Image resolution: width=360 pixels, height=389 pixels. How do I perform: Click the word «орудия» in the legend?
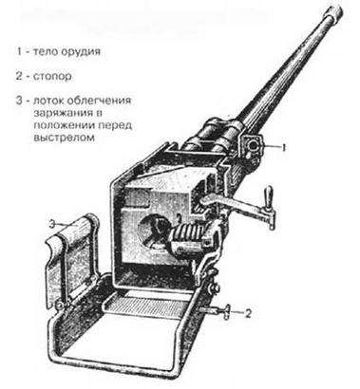[x=81, y=51]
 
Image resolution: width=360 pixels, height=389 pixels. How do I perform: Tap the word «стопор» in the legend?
[x=52, y=77]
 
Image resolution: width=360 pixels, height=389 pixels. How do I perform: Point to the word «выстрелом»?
[x=65, y=138]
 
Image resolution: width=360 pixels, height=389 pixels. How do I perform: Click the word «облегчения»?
[x=99, y=101]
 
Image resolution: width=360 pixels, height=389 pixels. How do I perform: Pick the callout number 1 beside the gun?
[x=284, y=147]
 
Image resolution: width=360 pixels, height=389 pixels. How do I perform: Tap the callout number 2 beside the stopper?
[x=248, y=313]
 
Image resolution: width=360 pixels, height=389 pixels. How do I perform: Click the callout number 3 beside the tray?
[x=52, y=225]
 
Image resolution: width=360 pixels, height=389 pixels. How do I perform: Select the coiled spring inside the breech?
[x=186, y=234]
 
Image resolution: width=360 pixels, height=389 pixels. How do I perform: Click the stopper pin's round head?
[x=226, y=312]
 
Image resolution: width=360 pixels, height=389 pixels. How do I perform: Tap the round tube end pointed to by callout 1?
[x=253, y=145]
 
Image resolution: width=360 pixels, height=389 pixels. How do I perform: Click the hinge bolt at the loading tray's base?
[x=59, y=305]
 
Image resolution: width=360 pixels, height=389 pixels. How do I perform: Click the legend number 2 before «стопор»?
[x=20, y=77]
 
